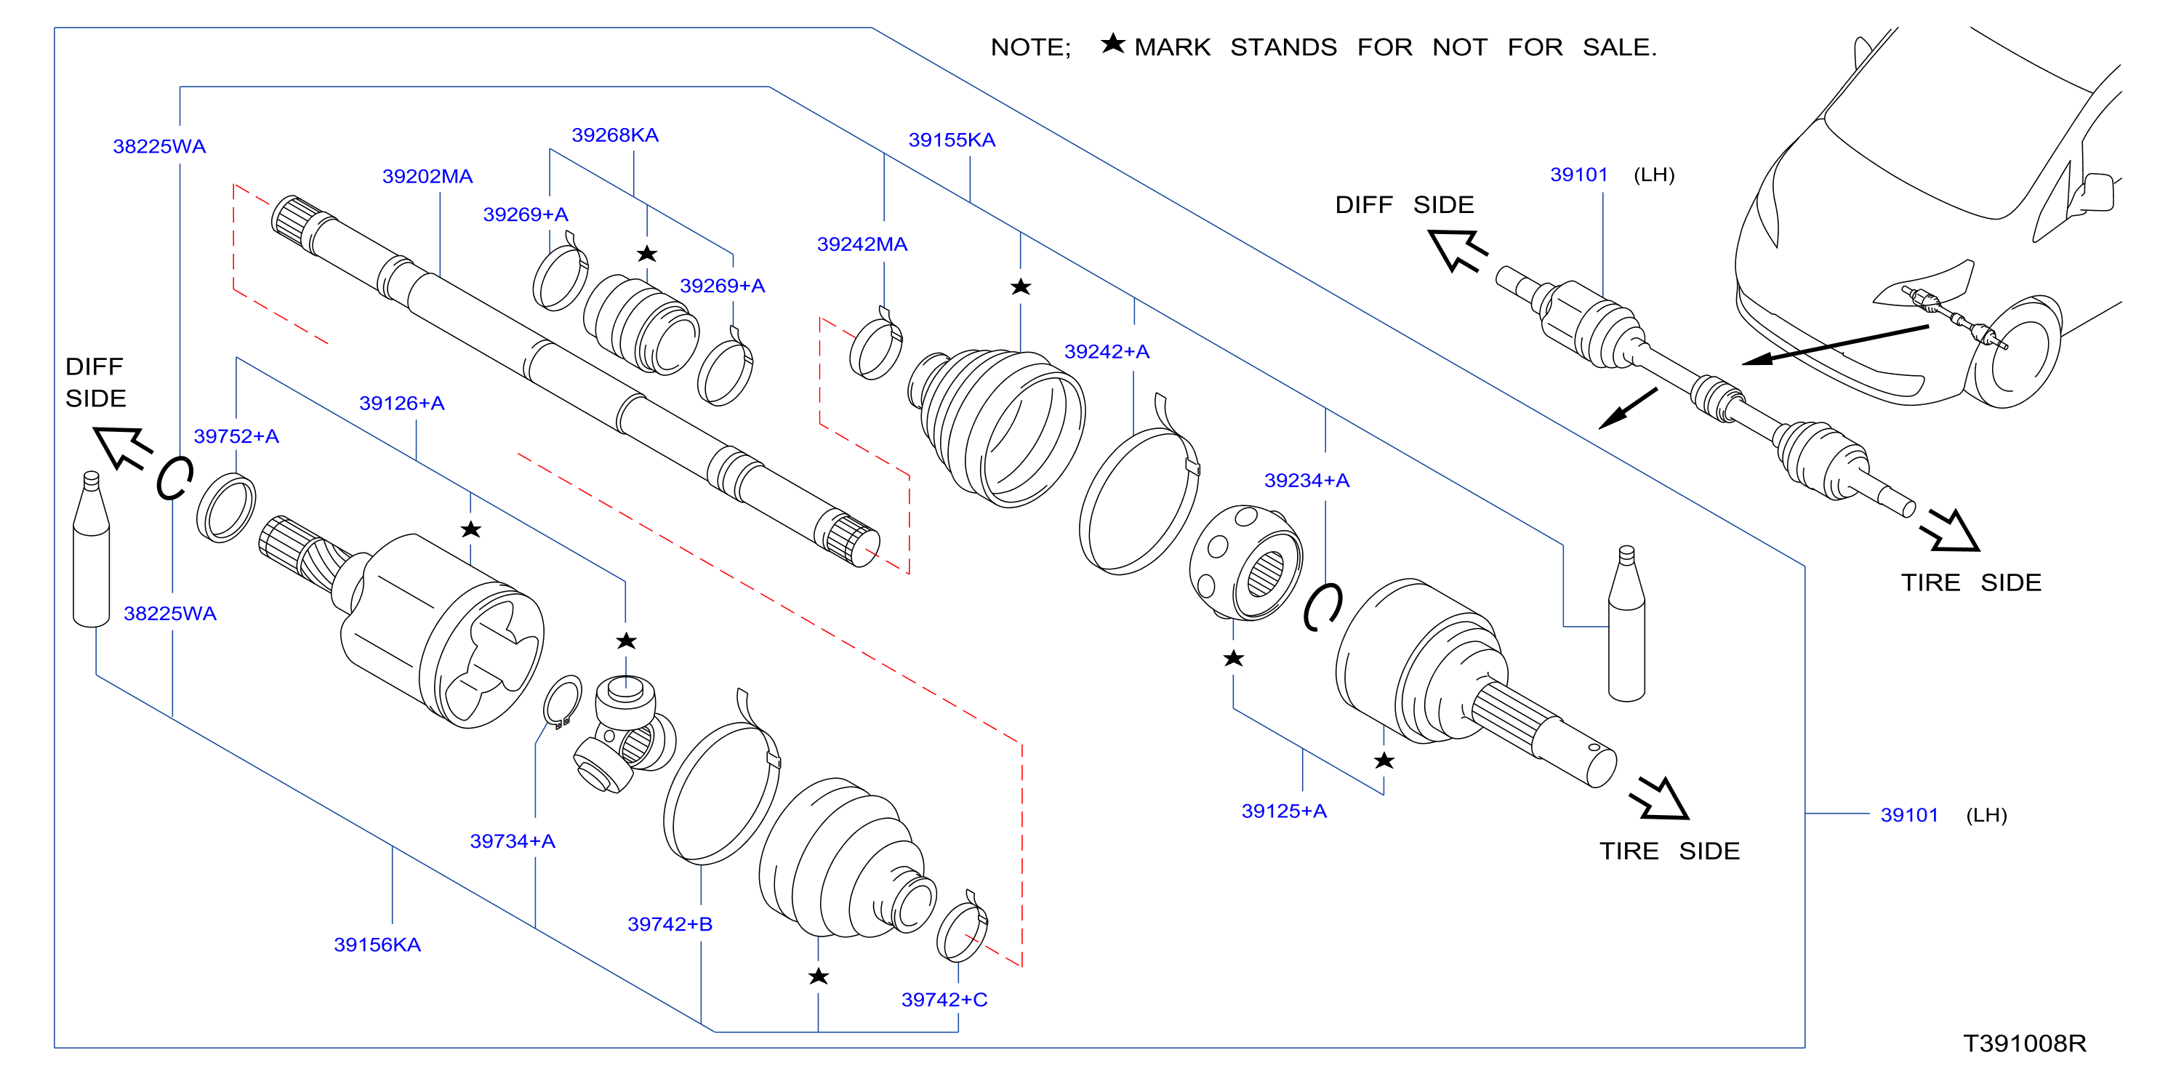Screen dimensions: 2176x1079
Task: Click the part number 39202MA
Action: coord(427,177)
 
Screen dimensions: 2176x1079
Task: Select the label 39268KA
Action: coord(615,135)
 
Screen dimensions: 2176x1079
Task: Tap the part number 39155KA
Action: coord(952,140)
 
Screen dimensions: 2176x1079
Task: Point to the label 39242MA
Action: coord(862,244)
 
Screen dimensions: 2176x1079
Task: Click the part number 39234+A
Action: coord(1306,481)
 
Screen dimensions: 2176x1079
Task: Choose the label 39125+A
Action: coord(1284,811)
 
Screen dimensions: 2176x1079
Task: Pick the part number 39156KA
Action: coord(377,944)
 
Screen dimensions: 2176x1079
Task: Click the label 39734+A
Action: coord(513,841)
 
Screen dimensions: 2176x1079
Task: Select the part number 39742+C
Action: coord(944,1000)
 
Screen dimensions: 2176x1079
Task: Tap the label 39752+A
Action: coord(236,437)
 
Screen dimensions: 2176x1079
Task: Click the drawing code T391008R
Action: coord(2025,1044)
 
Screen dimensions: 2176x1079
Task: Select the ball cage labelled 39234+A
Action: coord(1245,563)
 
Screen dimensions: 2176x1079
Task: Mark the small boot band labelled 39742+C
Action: coord(962,928)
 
